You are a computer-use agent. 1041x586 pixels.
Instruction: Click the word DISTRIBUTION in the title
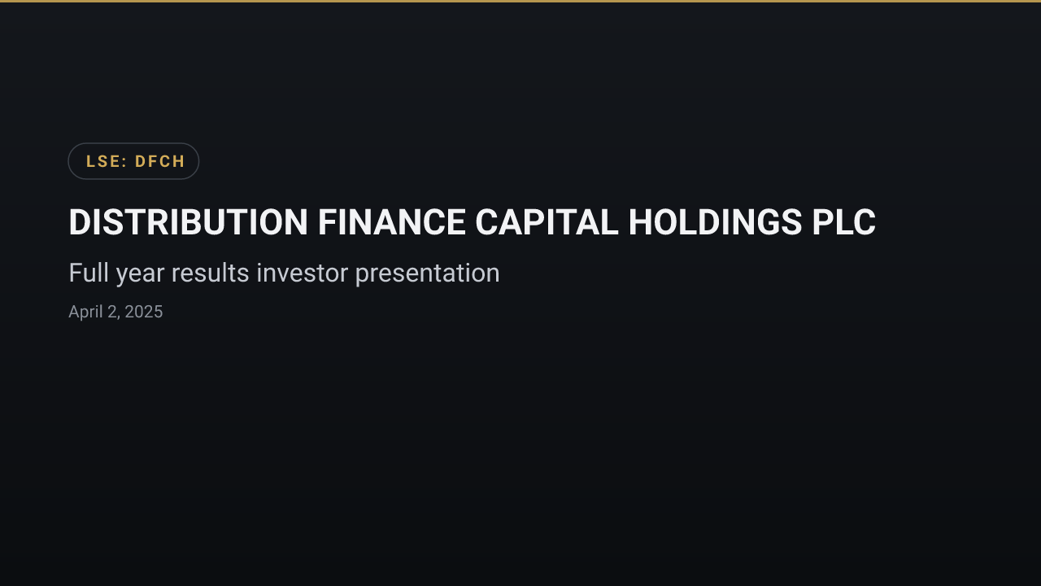188,222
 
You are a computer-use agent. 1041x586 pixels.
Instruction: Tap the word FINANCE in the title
392,222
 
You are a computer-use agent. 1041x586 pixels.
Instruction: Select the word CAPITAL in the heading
547,222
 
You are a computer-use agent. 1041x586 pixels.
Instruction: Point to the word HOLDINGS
715,222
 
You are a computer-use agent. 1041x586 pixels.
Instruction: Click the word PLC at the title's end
844,222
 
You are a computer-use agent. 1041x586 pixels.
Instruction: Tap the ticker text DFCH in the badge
160,161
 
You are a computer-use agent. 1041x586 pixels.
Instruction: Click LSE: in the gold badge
107,161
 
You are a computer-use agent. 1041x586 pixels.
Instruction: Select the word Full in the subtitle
89,273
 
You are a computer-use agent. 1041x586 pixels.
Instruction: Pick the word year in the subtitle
140,275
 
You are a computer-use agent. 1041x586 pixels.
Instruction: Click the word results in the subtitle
210,273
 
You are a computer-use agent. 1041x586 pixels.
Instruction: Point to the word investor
302,273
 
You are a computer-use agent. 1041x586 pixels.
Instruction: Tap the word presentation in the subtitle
428,274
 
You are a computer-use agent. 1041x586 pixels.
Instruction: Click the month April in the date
85,312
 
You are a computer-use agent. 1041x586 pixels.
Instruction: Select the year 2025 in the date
144,312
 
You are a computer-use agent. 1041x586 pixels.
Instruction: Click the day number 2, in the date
114,313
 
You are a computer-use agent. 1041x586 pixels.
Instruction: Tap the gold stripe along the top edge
520,2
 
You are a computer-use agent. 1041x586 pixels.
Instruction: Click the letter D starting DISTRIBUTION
80,222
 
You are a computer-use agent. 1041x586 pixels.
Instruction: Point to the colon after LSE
124,162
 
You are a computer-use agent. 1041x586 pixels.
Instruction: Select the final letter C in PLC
865,222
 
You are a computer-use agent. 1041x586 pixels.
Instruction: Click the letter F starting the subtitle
76,273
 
